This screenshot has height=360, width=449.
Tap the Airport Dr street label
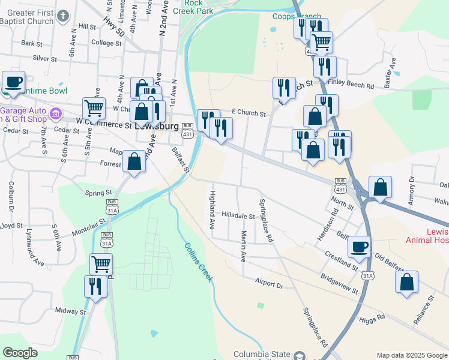point(268,283)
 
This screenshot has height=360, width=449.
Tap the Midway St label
point(70,311)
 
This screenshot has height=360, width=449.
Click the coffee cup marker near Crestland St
point(360,246)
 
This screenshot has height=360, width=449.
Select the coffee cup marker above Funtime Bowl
point(13,81)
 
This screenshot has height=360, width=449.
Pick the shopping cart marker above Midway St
point(101,263)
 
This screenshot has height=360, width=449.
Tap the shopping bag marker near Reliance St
point(407,283)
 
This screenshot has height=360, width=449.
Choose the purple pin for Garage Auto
point(56,113)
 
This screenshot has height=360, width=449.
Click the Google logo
point(20,353)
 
